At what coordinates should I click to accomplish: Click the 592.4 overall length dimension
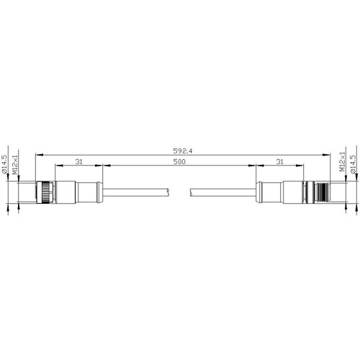(x=183, y=151)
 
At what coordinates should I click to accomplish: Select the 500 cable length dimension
(x=179, y=162)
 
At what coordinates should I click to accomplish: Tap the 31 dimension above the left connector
(x=78, y=162)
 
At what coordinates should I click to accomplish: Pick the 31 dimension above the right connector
(x=279, y=162)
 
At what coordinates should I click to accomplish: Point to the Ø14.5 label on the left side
(x=4, y=164)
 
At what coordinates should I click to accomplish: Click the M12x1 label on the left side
(x=15, y=165)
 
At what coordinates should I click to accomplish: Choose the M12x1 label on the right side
(x=342, y=161)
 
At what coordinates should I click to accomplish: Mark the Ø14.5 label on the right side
(x=353, y=164)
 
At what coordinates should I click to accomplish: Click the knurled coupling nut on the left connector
(x=45, y=192)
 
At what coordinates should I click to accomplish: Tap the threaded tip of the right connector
(x=323, y=192)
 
